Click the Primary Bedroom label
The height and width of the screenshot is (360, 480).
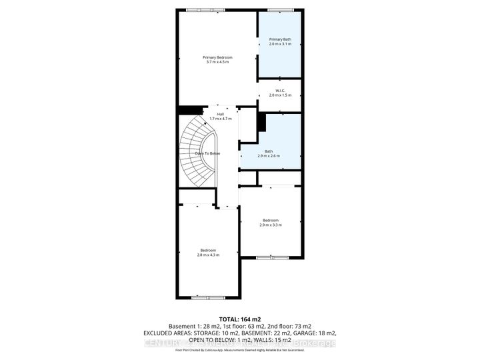tap(218, 57)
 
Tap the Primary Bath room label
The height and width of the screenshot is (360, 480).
tap(279, 39)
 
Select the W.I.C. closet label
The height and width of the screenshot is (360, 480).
tap(279, 91)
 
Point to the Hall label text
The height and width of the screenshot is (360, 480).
tap(220, 114)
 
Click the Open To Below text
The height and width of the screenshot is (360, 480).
tap(207, 153)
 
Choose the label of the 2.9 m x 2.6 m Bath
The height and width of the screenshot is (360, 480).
tap(269, 151)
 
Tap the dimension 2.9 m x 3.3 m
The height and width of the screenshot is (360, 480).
tap(271, 225)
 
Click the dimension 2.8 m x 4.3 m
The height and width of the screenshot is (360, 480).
tap(208, 255)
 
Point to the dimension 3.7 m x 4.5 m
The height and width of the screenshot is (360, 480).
tap(218, 62)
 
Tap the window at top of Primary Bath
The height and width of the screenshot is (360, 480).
tap(279, 9)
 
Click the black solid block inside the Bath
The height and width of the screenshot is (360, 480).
tap(262, 123)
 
